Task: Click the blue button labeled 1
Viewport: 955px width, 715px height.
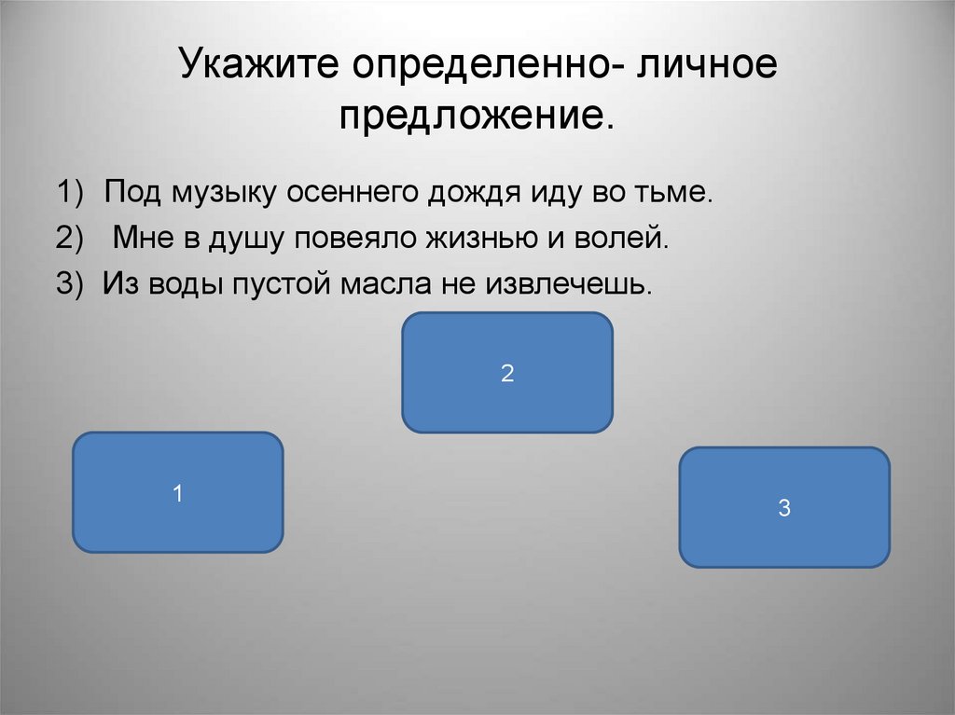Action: (177, 492)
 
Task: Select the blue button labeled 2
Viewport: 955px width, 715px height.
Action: (507, 373)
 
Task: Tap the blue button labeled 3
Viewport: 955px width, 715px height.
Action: (784, 507)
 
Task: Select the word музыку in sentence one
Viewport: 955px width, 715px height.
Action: (224, 196)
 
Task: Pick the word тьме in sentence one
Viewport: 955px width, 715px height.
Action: (678, 194)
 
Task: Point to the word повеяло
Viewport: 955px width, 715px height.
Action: (358, 238)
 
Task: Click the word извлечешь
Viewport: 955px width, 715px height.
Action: (565, 283)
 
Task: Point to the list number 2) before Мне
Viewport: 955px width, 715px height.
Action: (68, 239)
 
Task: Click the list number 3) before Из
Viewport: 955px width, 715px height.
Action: (68, 283)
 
